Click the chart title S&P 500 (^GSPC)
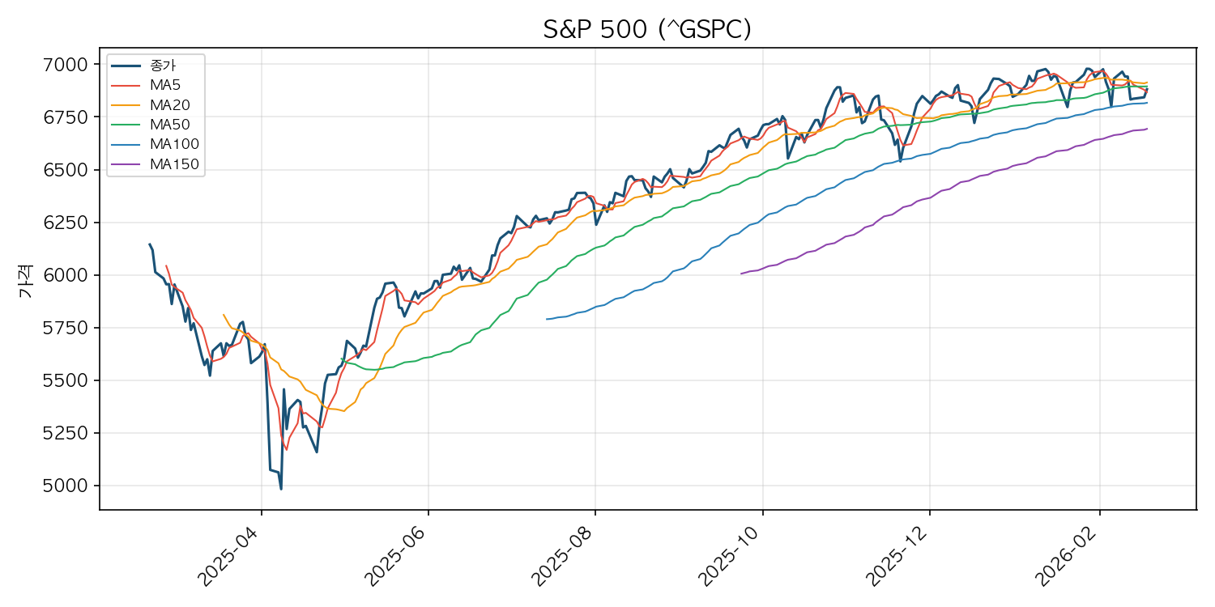pos(647,30)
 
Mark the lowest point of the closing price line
pos(281,489)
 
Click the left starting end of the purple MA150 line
pos(741,274)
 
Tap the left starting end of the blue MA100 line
pos(547,319)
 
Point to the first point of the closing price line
pos(149,244)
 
